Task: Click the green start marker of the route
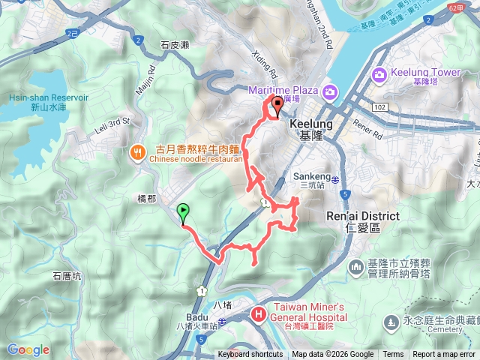183,213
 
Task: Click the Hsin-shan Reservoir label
39,103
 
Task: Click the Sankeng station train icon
334,179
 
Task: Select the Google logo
28,349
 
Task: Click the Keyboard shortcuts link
251,355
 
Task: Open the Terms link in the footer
393,355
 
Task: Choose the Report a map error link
444,355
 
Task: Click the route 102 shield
379,108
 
